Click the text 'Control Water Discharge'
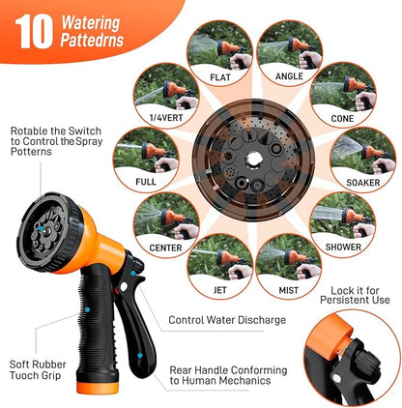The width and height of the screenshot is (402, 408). tap(227, 320)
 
